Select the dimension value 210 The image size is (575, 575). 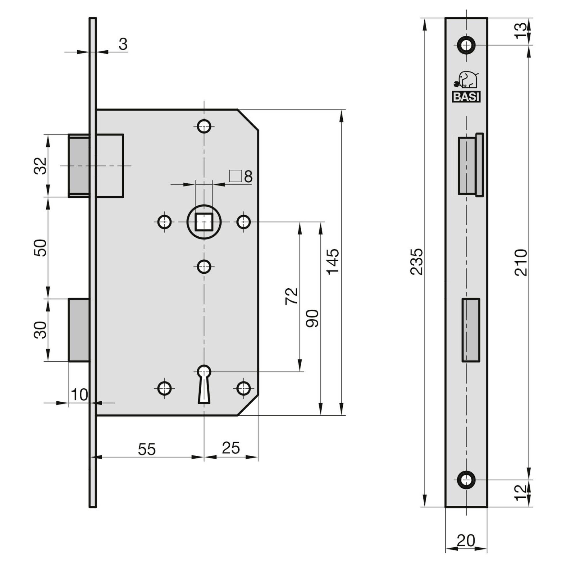click(521, 262)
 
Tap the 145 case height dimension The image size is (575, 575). click(332, 261)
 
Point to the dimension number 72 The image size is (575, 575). click(291, 296)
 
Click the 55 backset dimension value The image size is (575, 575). click(147, 449)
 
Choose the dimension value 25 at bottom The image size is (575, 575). click(231, 448)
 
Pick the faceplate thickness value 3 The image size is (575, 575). click(123, 44)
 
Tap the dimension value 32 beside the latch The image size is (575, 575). click(40, 166)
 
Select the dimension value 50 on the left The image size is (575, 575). click(40, 248)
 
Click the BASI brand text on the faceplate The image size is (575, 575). click(466, 97)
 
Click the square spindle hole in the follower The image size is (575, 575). click(204, 222)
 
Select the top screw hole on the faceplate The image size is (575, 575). click(466, 45)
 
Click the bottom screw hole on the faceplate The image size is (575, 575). click(466, 480)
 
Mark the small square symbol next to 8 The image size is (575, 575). click(235, 176)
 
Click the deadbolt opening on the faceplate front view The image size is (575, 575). click(471, 330)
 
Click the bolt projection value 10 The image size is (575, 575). click(79, 395)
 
